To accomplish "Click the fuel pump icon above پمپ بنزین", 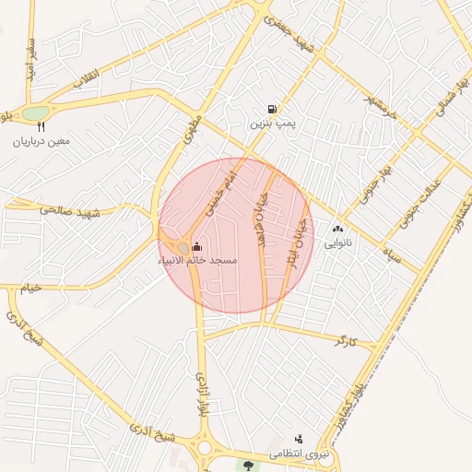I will pyautogui.click(x=271, y=108).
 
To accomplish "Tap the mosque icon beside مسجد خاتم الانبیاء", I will pyautogui.click(x=196, y=247).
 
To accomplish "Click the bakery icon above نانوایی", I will pyautogui.click(x=336, y=229).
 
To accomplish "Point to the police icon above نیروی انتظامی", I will pyautogui.click(x=298, y=440).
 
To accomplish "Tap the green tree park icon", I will pyautogui.click(x=247, y=463).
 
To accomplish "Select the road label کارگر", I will pyautogui.click(x=346, y=341).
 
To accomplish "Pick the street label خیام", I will pyautogui.click(x=31, y=289).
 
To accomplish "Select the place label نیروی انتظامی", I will pyautogui.click(x=298, y=455).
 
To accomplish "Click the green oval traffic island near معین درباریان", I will pyautogui.click(x=35, y=113).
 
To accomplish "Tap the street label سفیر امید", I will pyautogui.click(x=32, y=58).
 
